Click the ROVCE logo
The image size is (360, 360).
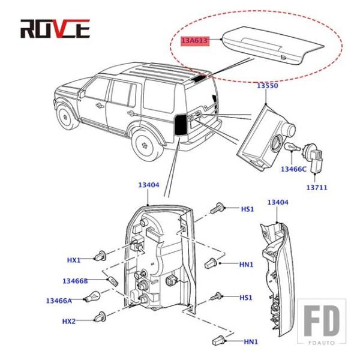pos(55,28)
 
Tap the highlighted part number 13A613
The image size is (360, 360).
pos(194,41)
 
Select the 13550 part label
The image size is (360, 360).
pos(268,86)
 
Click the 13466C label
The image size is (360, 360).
pos(293,170)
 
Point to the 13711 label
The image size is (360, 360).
pos(316,187)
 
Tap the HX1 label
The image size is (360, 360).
pos(73,260)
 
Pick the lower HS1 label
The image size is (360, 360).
pos(246,298)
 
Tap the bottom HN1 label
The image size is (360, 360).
pos(251,341)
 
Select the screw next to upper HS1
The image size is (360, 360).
pos(218,209)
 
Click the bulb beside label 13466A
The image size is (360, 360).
pos(94,297)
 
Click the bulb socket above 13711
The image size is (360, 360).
pos(316,157)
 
